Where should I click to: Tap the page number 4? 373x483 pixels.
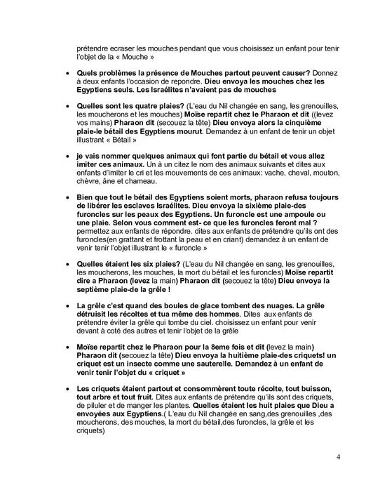[339, 458]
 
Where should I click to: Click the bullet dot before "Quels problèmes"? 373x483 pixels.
[67, 73]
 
